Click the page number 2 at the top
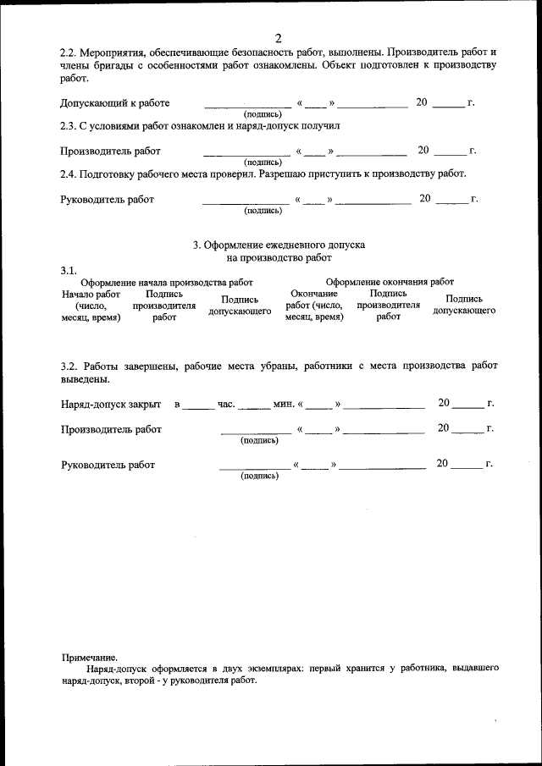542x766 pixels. [278, 37]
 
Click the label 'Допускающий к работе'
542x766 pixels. [114, 103]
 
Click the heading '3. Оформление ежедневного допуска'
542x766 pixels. [279, 244]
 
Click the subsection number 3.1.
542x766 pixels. [69, 269]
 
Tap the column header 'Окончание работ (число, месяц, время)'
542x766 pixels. [314, 305]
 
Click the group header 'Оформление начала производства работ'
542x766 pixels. [166, 282]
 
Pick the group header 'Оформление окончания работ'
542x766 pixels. [390, 282]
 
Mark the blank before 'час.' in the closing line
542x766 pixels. [199, 406]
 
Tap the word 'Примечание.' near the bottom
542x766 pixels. [90, 657]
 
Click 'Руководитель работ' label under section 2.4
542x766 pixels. [108, 201]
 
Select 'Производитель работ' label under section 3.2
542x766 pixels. [111, 429]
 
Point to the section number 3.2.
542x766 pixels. [69, 366]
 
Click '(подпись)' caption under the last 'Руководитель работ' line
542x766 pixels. [260, 476]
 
